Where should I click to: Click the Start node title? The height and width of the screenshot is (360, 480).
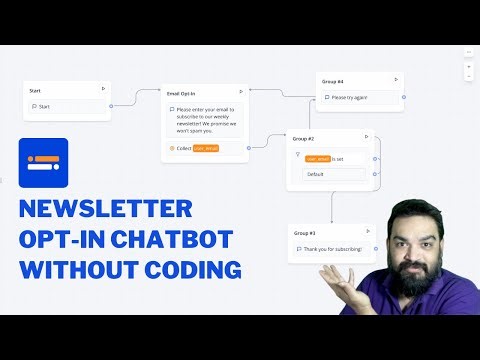[36, 90]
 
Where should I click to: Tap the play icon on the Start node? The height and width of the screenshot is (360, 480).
[103, 89]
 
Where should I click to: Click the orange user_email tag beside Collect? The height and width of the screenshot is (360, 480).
[206, 148]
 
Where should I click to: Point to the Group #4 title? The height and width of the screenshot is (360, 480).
[333, 80]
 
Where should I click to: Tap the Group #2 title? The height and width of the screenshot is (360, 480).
[304, 137]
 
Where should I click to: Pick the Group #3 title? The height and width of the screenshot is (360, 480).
[304, 232]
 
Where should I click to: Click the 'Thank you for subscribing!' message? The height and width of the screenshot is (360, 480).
[334, 249]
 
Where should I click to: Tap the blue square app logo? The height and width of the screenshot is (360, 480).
[43, 163]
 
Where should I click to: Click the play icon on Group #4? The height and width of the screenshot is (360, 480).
[396, 79]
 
